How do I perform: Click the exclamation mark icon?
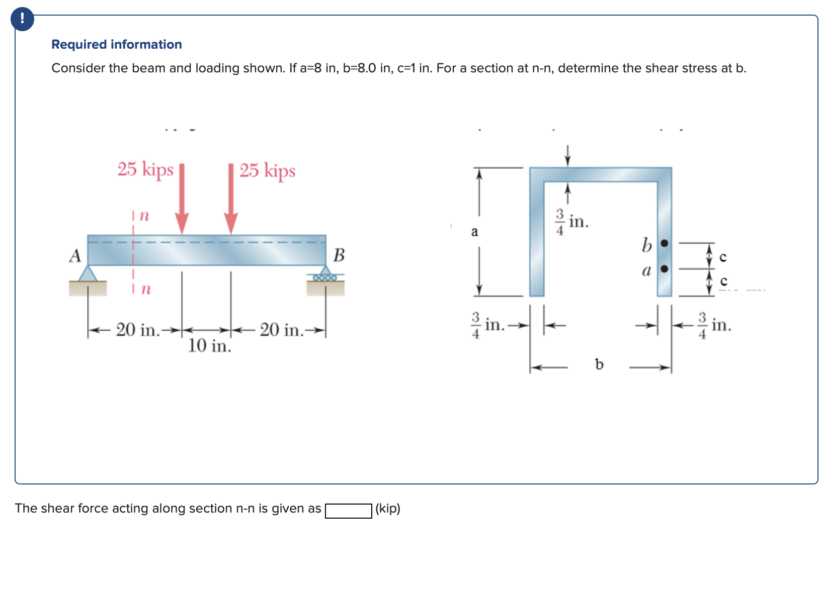(x=22, y=19)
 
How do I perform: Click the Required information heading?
(x=116, y=44)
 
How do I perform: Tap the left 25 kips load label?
(x=145, y=169)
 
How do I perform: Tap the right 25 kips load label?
(x=267, y=170)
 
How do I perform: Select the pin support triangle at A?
(x=88, y=274)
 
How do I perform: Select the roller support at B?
(x=325, y=274)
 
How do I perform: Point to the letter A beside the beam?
(x=75, y=256)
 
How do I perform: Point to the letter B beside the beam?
(x=339, y=255)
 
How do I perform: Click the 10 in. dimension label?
(x=209, y=346)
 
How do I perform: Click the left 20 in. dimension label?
(x=137, y=330)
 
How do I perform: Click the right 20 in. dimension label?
(x=282, y=330)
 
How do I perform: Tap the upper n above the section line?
(x=144, y=216)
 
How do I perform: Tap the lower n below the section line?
(x=145, y=288)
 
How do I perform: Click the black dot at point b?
(x=665, y=244)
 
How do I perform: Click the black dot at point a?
(x=665, y=269)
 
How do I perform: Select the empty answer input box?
(x=348, y=511)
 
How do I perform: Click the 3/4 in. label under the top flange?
(x=571, y=222)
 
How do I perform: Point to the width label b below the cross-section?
(x=599, y=364)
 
